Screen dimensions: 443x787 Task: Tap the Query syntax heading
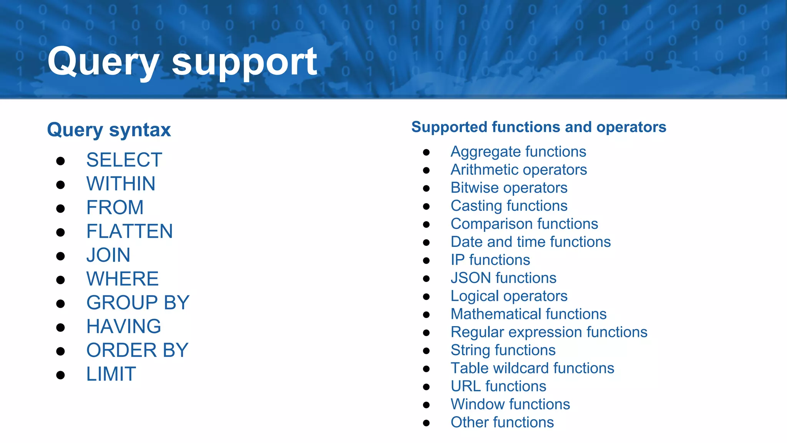click(109, 130)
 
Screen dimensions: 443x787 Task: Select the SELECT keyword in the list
click(124, 160)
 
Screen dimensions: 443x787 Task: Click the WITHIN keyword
click(121, 184)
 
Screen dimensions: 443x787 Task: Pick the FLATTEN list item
click(130, 231)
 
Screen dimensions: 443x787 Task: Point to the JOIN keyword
click(108, 255)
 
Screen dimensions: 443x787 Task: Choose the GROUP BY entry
click(138, 303)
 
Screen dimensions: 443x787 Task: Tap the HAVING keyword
click(124, 326)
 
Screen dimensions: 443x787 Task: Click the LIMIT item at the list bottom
click(111, 374)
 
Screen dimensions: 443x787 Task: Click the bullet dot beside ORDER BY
click(60, 351)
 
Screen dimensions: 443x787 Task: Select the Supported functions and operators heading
click(538, 127)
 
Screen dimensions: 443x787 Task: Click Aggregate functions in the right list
click(518, 152)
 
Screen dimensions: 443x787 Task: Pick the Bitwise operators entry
click(509, 188)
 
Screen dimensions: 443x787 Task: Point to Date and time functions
click(531, 242)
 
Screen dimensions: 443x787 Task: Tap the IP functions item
click(490, 260)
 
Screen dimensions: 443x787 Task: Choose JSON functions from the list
click(503, 278)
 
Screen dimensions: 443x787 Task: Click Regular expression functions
click(549, 332)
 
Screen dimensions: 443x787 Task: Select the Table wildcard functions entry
click(532, 368)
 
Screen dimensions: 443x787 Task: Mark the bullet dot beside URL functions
click(426, 387)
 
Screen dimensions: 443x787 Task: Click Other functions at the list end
click(502, 423)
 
